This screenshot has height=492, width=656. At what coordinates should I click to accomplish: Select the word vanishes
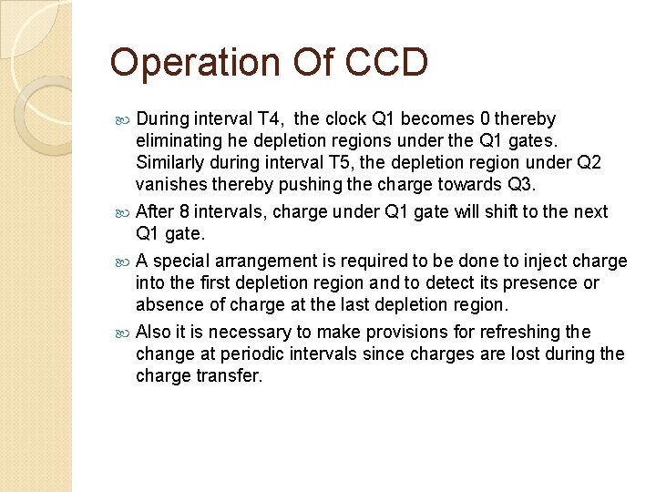point(172,185)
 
